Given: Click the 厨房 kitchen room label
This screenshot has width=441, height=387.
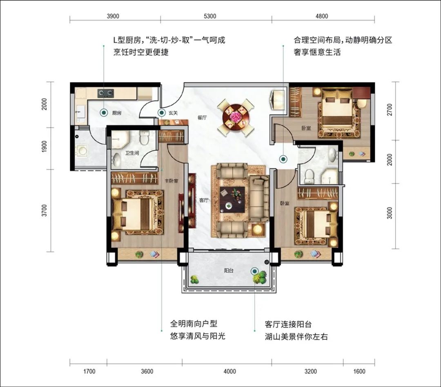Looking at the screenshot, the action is point(117,113).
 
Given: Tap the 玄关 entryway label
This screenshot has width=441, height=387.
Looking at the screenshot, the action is point(173,113).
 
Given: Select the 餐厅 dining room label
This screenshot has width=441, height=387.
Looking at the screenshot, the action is point(202,117).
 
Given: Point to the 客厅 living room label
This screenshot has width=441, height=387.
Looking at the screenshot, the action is point(204,200).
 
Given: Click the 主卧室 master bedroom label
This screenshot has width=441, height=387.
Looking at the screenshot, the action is point(171,181).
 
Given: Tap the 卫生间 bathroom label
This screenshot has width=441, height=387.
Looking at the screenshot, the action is point(132,153).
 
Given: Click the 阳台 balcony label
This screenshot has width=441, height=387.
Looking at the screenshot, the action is point(229,270).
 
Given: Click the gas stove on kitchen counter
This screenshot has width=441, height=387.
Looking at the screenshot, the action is point(106,93).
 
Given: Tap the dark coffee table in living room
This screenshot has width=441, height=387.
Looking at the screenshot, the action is point(232,199).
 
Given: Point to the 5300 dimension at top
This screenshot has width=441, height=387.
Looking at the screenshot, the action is point(210,16).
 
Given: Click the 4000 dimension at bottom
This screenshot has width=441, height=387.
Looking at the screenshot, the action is point(230,371).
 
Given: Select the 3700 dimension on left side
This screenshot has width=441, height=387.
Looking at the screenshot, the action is point(44,211).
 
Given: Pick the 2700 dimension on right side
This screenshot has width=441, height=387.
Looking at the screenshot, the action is point(389,110).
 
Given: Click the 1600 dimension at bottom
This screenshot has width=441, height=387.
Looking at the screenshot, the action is point(359,371).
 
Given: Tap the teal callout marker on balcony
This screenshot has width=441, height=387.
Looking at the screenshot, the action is point(255,271).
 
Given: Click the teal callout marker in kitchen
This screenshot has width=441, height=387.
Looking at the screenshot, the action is point(104,113).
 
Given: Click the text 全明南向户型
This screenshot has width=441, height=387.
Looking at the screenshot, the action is point(194,324).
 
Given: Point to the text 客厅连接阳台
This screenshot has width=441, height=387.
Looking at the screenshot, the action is point(288,324).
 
